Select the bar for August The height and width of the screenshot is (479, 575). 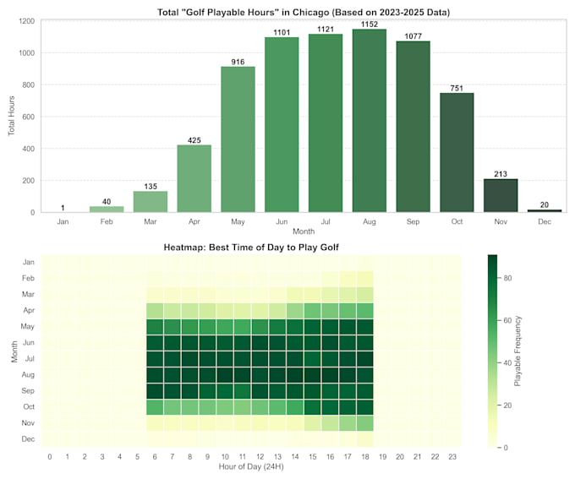click(370, 121)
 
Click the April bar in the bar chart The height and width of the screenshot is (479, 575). click(194, 178)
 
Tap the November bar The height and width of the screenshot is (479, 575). click(501, 195)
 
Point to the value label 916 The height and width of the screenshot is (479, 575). click(238, 62)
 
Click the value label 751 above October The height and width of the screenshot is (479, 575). click(457, 89)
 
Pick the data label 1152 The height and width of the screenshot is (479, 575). click(370, 24)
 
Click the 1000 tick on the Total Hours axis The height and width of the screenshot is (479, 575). click(27, 52)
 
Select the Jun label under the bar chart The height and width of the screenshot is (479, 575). click(282, 221)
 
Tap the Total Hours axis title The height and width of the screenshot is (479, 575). click(11, 116)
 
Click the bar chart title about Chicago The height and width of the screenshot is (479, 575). click(304, 12)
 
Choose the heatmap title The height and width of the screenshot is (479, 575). click(251, 248)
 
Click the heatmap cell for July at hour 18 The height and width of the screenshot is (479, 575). click(365, 359)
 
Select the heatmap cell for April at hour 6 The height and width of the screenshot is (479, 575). click(155, 311)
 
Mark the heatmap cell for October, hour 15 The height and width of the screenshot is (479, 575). click(312, 407)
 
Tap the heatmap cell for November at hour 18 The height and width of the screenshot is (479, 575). click(365, 423)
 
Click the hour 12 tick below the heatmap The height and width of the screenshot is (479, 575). click(260, 457)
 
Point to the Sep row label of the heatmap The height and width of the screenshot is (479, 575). click(28, 390)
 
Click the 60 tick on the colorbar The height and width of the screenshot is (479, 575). click(507, 320)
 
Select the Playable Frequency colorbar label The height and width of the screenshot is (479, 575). click(517, 351)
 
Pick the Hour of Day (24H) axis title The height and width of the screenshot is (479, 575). click(251, 466)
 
